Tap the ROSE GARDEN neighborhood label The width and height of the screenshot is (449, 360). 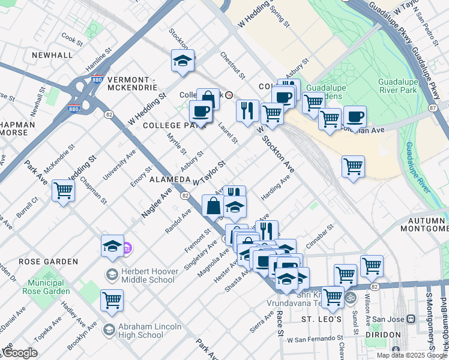click(48, 262)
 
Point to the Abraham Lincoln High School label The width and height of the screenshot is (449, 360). click(142, 330)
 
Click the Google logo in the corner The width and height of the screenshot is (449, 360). click(19, 353)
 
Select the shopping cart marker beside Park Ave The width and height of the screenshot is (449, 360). click(63, 191)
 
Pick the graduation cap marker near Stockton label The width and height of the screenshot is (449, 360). click(182, 61)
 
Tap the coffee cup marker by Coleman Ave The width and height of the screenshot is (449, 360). click(355, 116)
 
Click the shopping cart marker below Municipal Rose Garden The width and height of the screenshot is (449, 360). click(112, 299)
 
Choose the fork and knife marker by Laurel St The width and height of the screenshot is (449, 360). click(247, 110)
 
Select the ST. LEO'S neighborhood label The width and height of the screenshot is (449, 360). click(321, 319)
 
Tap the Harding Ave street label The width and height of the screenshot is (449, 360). click(276, 188)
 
